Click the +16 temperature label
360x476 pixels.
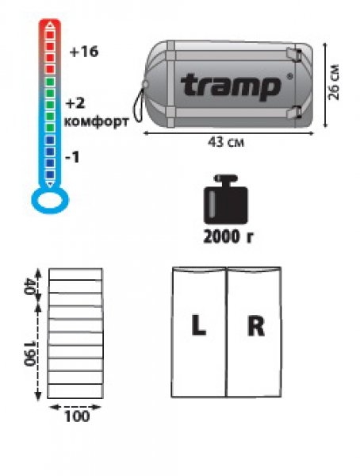(84, 52)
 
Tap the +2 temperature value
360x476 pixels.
(75, 103)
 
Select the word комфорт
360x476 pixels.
(96, 121)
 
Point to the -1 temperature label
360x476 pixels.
(72, 157)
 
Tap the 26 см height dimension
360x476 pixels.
(334, 82)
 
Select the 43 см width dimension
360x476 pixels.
(225, 142)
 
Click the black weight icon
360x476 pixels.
(225, 199)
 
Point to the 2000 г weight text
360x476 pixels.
(228, 236)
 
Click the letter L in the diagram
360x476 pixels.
(198, 325)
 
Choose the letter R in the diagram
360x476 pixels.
(256, 326)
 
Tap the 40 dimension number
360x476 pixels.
(29, 286)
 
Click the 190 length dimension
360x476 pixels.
(29, 354)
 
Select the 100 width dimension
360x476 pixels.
(77, 416)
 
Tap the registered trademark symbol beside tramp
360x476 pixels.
(290, 76)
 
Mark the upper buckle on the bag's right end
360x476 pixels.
(294, 55)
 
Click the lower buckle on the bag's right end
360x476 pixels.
(294, 112)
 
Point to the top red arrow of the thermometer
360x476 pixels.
(51, 25)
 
